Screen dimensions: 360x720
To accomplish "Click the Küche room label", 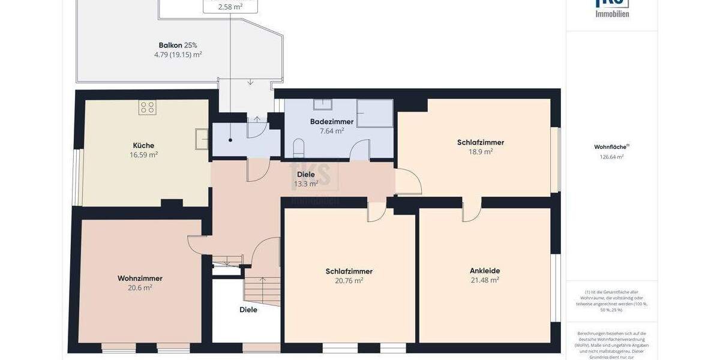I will pos(143,145).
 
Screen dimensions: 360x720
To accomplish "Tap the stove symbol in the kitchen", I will pos(148,107).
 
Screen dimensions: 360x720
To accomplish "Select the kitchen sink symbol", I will pos(202,139).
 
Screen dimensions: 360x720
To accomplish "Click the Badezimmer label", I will pos(332,122).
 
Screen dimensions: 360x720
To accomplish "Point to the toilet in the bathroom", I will pos(299,148).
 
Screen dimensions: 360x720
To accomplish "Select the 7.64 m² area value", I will pos(332,131).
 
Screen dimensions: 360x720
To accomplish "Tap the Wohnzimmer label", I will pos(140,278).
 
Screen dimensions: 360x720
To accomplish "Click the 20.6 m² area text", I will pos(140,287).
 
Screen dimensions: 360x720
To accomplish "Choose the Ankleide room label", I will pos(485,271).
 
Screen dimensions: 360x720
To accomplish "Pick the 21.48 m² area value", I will pos(485,280).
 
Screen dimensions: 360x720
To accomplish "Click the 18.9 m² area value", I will pos(480,152).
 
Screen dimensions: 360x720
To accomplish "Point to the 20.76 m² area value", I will pos(349,280).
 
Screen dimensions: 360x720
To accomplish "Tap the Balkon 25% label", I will pos(178,45).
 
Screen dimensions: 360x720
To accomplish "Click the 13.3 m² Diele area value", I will pos(305,184).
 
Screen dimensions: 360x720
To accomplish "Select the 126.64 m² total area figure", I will pos(611,157).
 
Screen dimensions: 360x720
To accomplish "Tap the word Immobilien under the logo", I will pos(612,14).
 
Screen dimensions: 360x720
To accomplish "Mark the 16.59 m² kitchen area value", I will pos(143,154).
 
